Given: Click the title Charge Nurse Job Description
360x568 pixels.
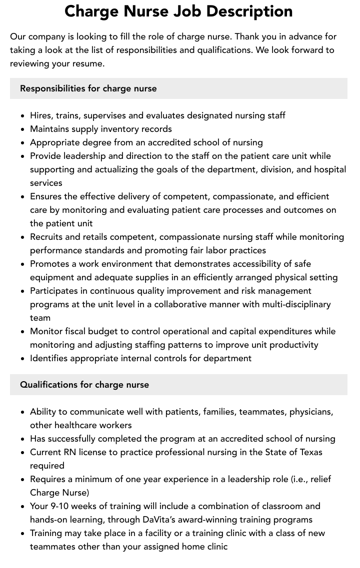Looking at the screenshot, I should point(178,11).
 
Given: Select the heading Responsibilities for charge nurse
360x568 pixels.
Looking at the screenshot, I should point(88,88).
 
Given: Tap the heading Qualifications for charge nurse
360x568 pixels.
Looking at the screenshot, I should point(84,385).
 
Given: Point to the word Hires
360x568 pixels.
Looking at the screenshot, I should point(41,115).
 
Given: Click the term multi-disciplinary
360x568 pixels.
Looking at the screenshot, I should point(288,304).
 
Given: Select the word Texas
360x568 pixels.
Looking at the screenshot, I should point(309,452).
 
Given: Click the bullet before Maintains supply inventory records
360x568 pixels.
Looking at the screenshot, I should point(23,129).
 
